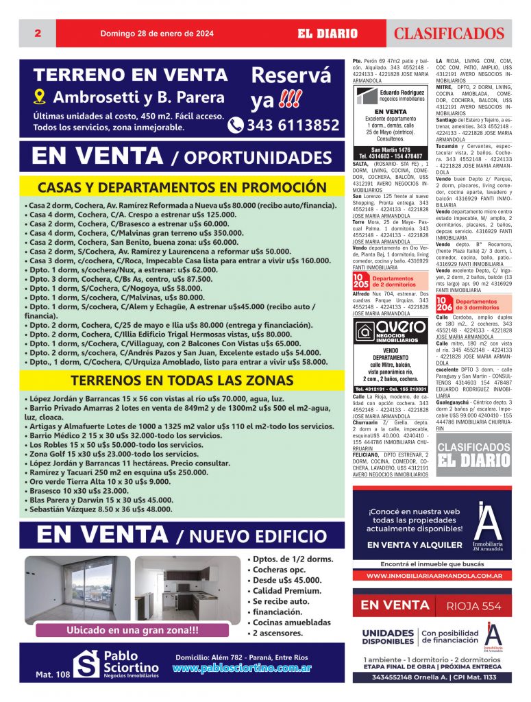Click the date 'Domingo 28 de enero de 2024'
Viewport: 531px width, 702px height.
pyautogui.click(x=157, y=34)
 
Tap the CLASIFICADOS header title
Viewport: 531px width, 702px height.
pyautogui.click(x=449, y=34)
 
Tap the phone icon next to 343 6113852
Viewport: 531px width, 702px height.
pyautogui.click(x=236, y=125)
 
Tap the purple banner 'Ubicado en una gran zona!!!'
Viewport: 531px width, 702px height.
pyautogui.click(x=132, y=630)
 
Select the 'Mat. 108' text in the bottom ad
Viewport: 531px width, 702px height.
pyautogui.click(x=53, y=675)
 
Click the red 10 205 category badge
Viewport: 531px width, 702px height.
pyautogui.click(x=360, y=280)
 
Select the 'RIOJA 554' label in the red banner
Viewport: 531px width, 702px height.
pyautogui.click(x=473, y=605)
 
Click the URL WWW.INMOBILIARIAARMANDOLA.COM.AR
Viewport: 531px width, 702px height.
pyautogui.click(x=431, y=576)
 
